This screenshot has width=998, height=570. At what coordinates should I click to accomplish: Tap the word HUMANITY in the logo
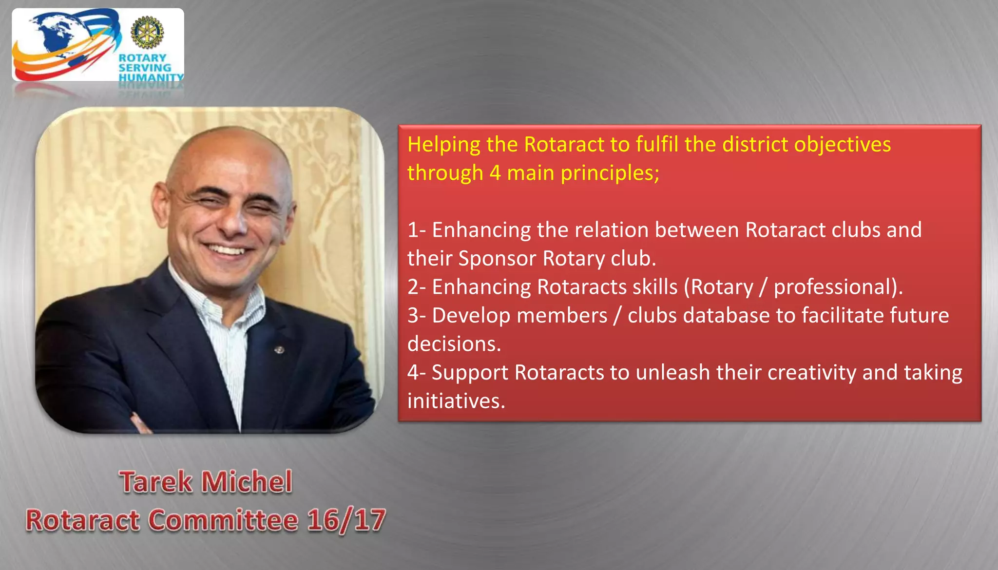point(151,77)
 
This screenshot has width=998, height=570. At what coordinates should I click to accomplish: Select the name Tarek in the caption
point(156,482)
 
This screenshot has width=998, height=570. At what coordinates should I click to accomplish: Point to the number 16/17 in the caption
point(346,520)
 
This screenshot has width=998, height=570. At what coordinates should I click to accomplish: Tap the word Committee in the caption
point(223,520)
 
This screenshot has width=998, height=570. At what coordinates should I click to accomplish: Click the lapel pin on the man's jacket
point(280,349)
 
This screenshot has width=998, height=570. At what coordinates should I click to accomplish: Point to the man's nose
point(234,222)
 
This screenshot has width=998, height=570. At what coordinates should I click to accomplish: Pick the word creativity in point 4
point(812,373)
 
